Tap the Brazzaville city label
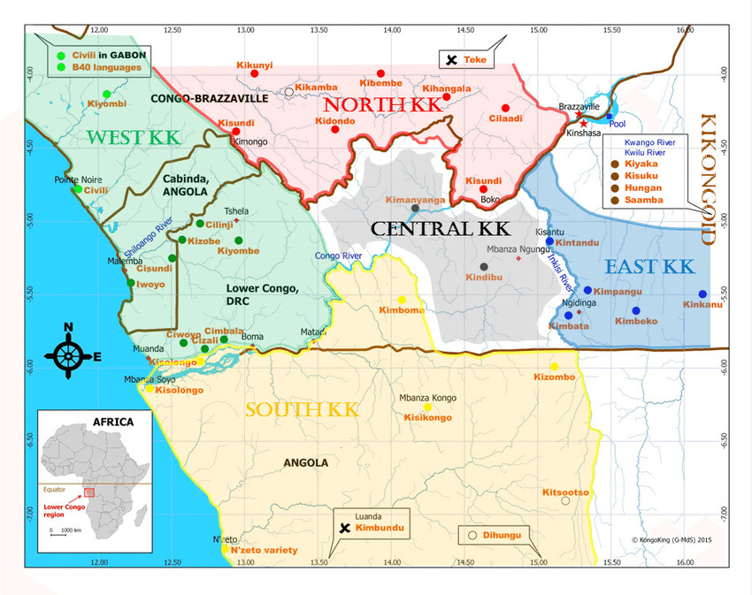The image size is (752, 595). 579,105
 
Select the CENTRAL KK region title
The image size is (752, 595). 440,228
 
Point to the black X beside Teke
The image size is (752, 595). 451,60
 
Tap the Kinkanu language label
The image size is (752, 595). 702,306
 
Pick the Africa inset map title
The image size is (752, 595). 108,422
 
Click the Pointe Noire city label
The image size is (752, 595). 73,179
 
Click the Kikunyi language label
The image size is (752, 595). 255,65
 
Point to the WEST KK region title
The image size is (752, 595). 134,137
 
